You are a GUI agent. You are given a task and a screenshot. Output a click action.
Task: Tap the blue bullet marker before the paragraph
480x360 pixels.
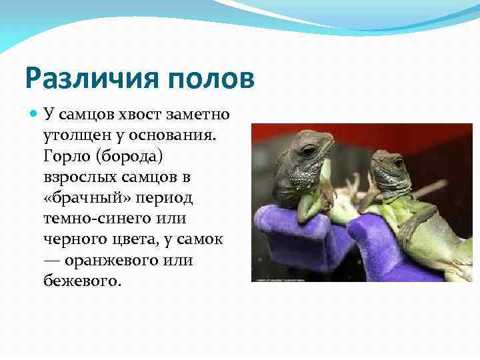[35, 114]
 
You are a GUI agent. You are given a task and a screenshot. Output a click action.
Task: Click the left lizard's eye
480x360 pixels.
[307, 151]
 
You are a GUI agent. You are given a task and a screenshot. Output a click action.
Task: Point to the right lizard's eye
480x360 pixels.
[398, 163]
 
